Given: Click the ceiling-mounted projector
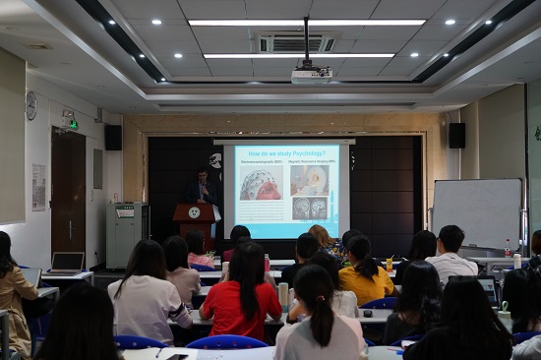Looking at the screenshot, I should pos(311,75).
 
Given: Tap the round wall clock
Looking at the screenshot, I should pos(31,105).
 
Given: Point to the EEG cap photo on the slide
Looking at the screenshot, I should pos(262,184).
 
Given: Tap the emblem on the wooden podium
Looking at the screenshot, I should pos(195,212).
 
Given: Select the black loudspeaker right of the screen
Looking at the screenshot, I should pos(456,135).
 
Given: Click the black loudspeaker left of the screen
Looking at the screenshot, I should pos(113,137).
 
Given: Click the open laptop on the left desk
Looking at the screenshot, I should pos(67,263).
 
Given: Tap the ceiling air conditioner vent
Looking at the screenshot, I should pos(296,43).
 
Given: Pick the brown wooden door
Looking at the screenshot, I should pos(68,193).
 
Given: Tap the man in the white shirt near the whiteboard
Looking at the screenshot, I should pos(451,256).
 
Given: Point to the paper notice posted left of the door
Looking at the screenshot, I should pos(38,187).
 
